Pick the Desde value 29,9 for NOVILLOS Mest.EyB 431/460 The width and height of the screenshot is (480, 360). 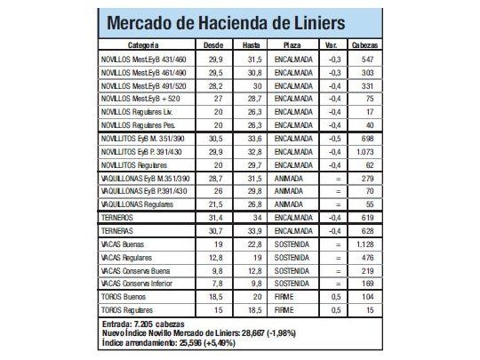coord(213,58)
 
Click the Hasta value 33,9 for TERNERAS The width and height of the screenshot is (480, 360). coord(252,230)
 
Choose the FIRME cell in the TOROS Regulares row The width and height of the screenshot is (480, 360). coord(285,310)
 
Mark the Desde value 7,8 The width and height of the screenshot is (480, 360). coord(213,283)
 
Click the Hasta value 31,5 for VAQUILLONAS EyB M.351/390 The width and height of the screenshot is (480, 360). coord(252,179)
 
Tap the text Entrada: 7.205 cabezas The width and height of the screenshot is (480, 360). coord(146,323)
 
